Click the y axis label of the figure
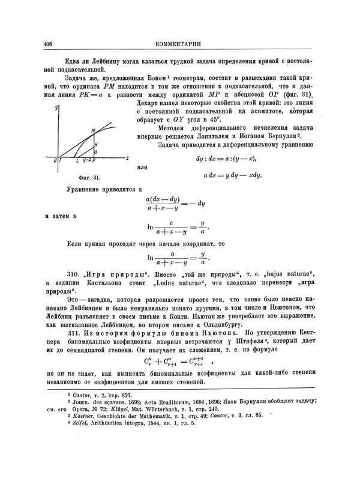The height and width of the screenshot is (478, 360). (55, 107)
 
